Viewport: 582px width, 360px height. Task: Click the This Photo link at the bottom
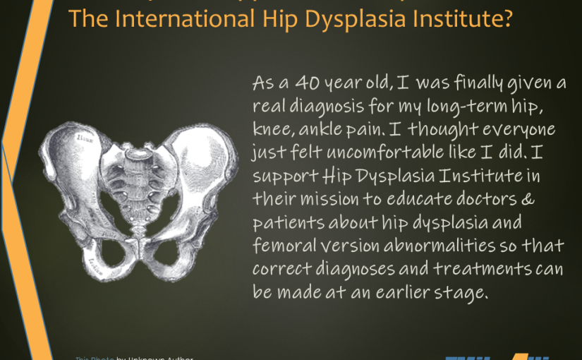[90, 358]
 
